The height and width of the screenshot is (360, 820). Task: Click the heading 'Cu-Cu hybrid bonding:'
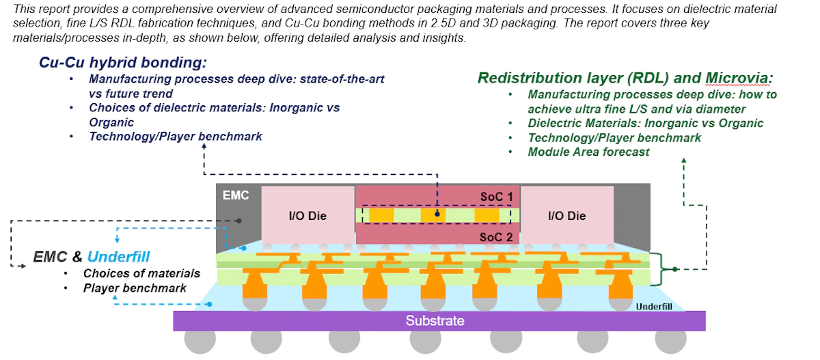point(122,62)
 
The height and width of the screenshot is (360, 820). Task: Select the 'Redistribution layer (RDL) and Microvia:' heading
point(624,77)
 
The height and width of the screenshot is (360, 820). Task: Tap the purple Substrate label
point(435,320)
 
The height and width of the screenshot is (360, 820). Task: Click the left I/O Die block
point(307,216)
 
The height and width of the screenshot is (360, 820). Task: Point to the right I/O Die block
point(566,216)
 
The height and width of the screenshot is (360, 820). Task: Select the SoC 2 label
point(495,236)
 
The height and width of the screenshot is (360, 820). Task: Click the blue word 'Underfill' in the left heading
point(119,257)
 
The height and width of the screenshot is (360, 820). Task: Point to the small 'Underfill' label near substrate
point(653,307)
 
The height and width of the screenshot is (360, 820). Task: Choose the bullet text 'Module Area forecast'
point(588,152)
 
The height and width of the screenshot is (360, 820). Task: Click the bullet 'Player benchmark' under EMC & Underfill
point(135,288)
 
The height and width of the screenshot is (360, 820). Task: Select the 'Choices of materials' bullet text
point(141,273)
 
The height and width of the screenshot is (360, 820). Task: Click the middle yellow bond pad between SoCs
point(433,215)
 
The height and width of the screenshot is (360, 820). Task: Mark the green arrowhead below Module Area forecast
point(684,162)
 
